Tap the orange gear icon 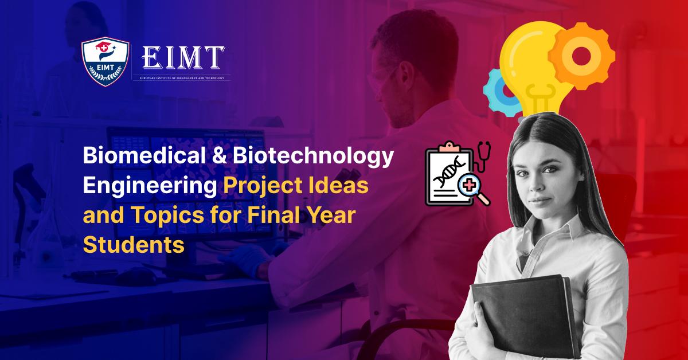581,54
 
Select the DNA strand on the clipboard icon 447,171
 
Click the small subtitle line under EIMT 182,77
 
